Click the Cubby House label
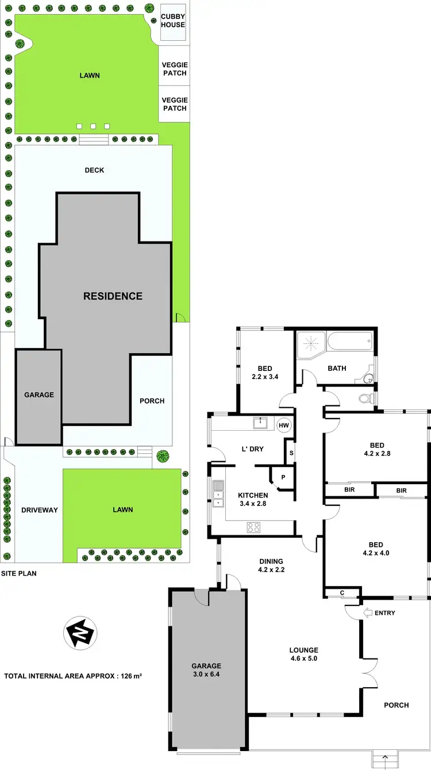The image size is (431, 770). point(173,21)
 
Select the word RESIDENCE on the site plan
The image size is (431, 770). point(113,296)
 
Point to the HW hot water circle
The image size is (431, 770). point(283,426)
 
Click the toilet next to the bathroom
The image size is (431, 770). point(364,398)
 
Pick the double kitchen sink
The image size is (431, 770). point(218,494)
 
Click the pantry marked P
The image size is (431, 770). point(283,477)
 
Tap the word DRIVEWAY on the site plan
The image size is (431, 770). point(40,509)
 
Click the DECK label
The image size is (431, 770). point(94,170)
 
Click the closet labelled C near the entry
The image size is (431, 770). point(342,592)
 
